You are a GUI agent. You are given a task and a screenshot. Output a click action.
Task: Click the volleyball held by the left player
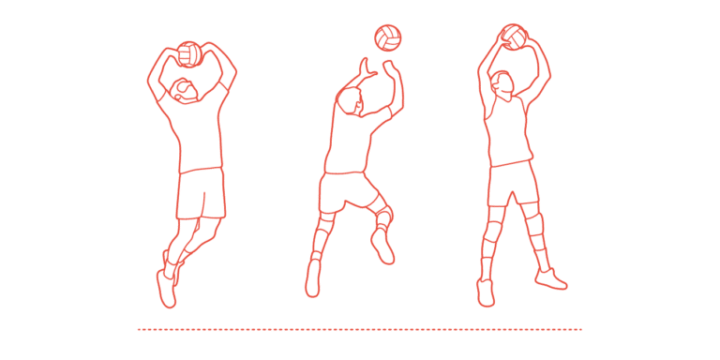pos(189,54)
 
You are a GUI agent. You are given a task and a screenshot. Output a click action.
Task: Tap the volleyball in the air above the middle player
pos(388,37)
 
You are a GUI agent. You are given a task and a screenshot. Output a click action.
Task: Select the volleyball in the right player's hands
pos(514,37)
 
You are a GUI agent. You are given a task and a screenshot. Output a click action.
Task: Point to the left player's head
pos(186,88)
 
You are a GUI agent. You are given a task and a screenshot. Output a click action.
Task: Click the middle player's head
pos(350,100)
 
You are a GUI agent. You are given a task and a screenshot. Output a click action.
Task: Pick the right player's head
pos(503,82)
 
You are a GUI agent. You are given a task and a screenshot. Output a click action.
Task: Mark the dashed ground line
pos(360,329)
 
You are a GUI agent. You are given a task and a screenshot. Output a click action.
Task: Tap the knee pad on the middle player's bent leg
pos(383,217)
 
